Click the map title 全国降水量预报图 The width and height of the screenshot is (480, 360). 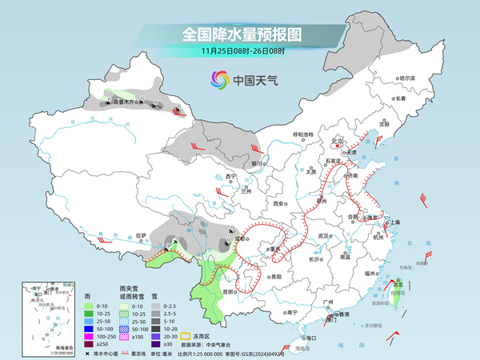(x=240, y=34)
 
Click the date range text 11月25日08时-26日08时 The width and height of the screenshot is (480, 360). (x=240, y=52)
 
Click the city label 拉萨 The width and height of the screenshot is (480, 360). (x=141, y=236)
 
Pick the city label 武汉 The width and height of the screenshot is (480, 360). (x=323, y=236)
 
